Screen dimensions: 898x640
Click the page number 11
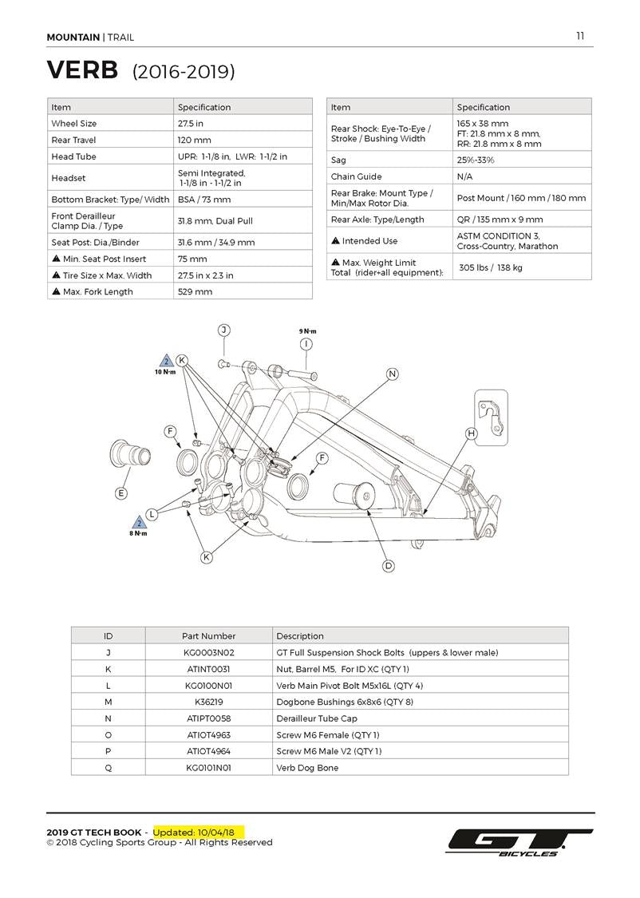[x=580, y=35]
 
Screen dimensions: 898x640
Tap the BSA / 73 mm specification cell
[x=204, y=200]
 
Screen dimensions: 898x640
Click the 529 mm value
[x=196, y=291]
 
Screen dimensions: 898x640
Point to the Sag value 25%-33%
[x=476, y=160]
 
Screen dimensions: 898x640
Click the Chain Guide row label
[x=356, y=176]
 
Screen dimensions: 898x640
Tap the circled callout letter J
[x=224, y=330]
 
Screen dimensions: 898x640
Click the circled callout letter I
[x=306, y=344]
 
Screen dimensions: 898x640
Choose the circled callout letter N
[x=392, y=374]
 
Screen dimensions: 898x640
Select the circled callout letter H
[x=471, y=433]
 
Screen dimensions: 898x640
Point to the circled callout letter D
[x=389, y=566]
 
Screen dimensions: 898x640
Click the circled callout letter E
[x=121, y=493]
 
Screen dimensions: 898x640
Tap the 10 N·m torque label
[x=165, y=372]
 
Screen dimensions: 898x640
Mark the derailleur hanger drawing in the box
[x=492, y=415]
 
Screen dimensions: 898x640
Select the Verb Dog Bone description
[x=307, y=768]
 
